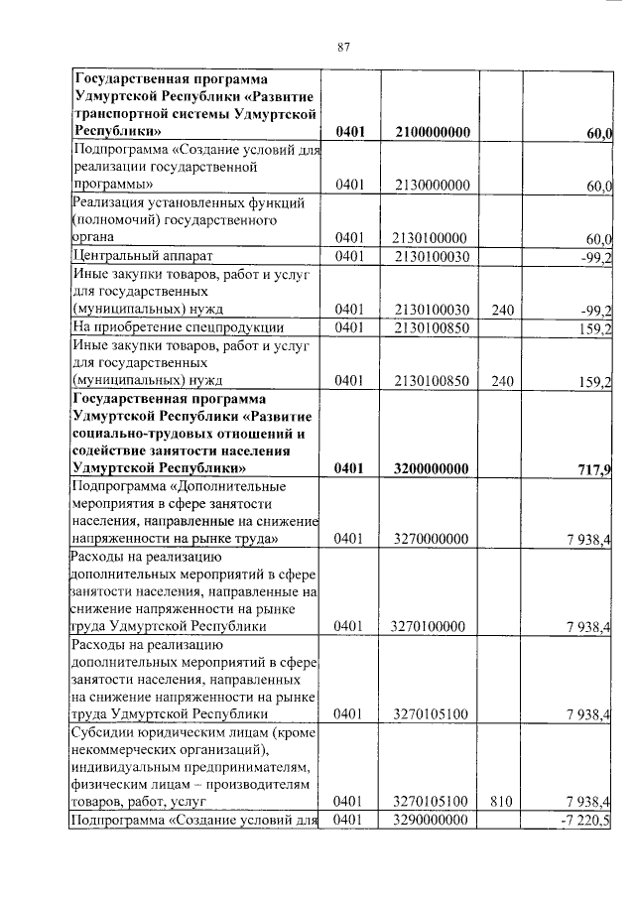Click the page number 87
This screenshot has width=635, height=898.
click(x=344, y=46)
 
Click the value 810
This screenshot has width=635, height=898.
click(x=502, y=800)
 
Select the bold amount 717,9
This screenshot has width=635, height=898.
click(x=595, y=467)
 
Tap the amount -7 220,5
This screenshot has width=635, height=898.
click(x=589, y=819)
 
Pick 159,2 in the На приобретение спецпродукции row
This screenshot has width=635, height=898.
click(x=596, y=327)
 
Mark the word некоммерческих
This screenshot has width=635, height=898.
click(x=131, y=749)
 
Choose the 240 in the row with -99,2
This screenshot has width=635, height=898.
click(x=502, y=310)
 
